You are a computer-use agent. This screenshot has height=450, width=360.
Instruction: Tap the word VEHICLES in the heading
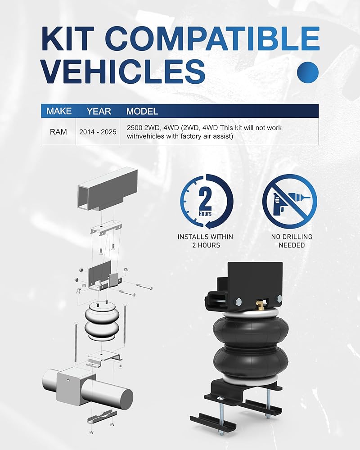pos(123,72)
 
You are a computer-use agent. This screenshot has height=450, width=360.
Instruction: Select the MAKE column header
pos(59,111)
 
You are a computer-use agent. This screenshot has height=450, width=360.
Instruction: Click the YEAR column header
pos(99,111)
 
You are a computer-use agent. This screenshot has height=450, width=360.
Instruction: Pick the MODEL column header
pos(142,111)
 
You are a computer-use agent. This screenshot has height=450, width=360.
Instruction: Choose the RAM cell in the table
pos(58,132)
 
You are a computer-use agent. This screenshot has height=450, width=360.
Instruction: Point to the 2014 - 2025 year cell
pos(98,132)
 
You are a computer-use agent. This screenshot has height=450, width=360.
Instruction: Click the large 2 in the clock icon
pos(205,198)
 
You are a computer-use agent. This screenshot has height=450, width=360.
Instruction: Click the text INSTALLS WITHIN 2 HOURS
pos(206,241)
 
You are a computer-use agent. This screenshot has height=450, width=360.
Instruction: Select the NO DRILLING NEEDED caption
pos(292,241)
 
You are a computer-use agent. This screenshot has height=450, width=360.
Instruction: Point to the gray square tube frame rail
pos(108,188)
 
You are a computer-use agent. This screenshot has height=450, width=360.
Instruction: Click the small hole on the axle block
pos(69,380)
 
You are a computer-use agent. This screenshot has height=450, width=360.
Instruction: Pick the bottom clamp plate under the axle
pos(102,417)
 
